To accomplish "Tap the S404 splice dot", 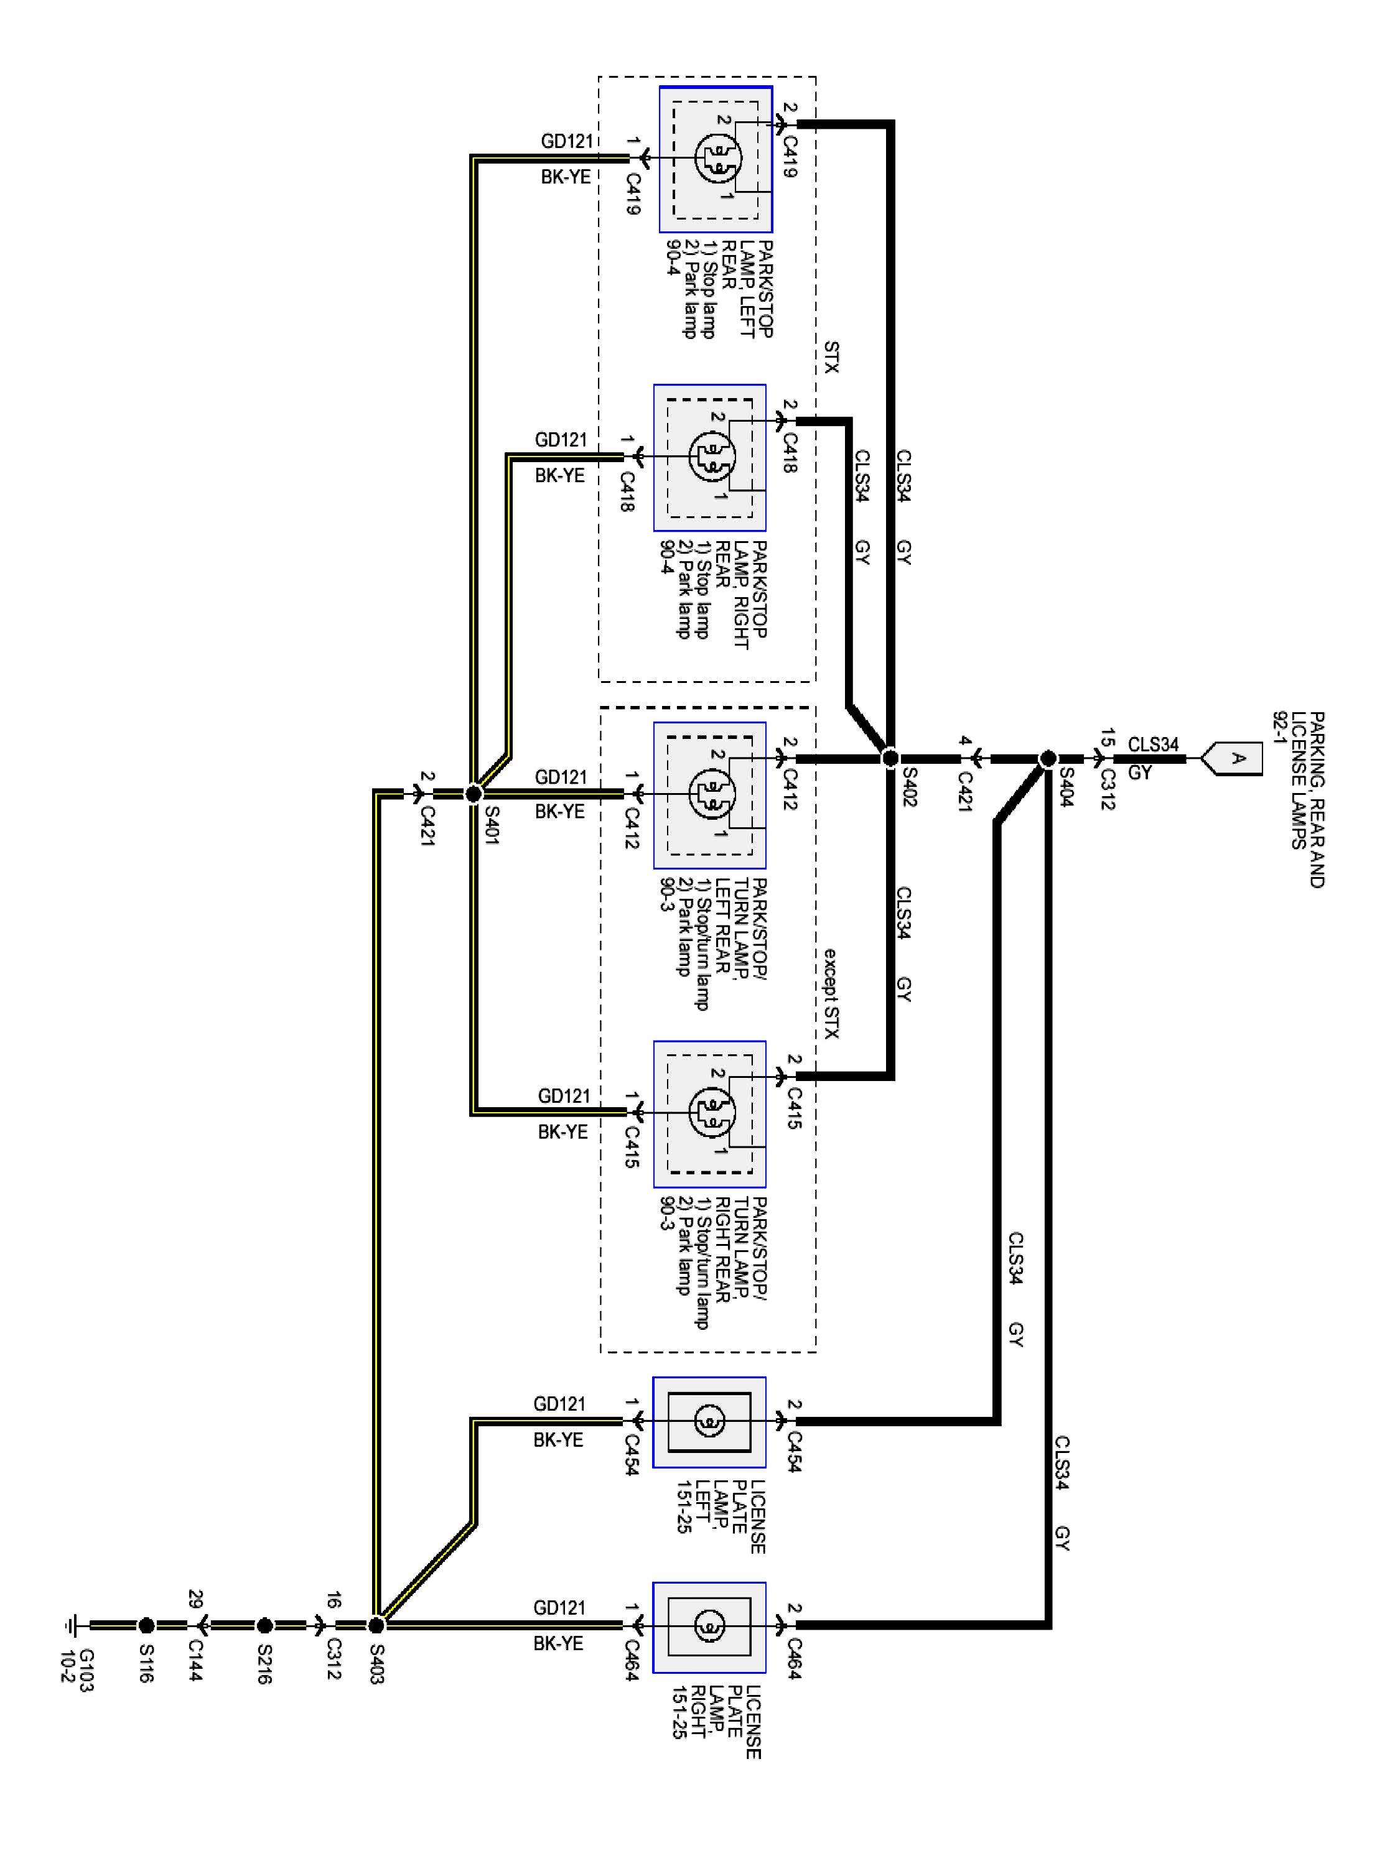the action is pos(1047,758).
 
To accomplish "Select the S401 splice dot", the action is pos(474,794).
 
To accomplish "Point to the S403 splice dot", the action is pos(376,1625).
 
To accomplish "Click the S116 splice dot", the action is pos(146,1625).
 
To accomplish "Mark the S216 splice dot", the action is pos(264,1625).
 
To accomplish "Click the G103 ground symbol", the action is pos(71,1625).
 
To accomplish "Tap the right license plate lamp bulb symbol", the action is pos(709,1625).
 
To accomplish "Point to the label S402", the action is pos(909,786).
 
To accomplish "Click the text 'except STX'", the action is pos(831,993).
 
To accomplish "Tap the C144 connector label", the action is pos(196,1660).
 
